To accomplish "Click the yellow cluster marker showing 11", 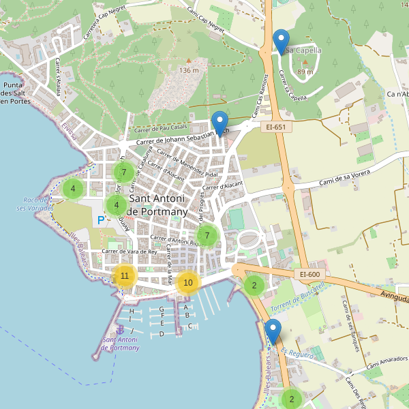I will [124, 276].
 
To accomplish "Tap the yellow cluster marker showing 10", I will [188, 282].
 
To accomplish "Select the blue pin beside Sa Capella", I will [280, 42].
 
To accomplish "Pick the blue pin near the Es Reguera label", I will [273, 332].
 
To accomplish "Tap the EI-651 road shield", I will [275, 126].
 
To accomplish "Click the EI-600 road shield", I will [309, 274].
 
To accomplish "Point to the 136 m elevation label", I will [189, 70].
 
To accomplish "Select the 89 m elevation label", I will [305, 72].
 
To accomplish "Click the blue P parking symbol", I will [101, 220].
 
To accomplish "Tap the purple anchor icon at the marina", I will [121, 330].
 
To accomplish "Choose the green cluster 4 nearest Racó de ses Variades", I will [73, 189].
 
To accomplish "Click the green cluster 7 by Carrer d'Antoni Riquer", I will [207, 236].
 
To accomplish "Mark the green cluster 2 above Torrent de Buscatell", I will [254, 285].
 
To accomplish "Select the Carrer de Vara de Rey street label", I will [130, 252].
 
